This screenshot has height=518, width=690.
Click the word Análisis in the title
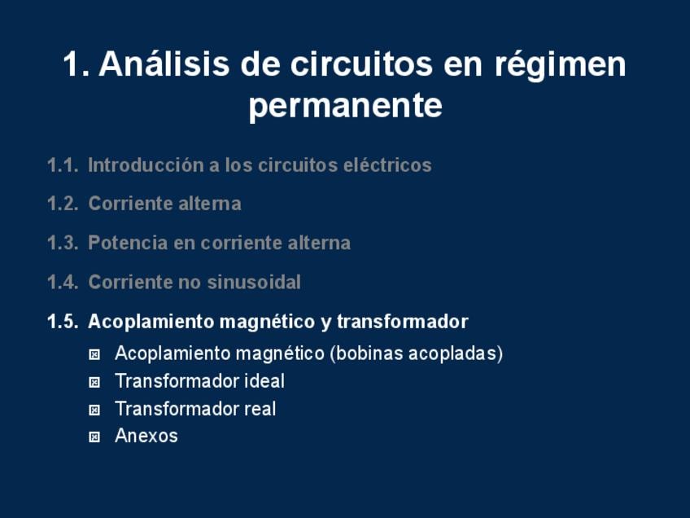[164, 64]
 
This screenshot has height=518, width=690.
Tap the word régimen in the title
[560, 65]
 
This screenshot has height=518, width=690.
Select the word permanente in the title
[346, 106]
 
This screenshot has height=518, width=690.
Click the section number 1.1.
[63, 165]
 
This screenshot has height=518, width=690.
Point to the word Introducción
[146, 165]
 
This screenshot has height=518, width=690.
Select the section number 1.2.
[63, 204]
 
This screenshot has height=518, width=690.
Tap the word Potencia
[128, 243]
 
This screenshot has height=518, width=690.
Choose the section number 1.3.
[63, 243]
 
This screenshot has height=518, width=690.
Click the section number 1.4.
[63, 282]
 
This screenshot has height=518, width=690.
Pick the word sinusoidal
[254, 282]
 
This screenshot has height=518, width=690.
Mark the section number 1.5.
[63, 322]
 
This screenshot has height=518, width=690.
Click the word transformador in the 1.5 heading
[403, 322]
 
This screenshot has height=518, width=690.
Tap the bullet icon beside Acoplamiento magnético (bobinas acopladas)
[94, 354]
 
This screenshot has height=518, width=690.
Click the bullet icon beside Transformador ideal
[94, 382]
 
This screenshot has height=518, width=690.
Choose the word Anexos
[146, 436]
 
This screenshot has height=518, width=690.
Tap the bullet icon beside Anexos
[94, 437]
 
